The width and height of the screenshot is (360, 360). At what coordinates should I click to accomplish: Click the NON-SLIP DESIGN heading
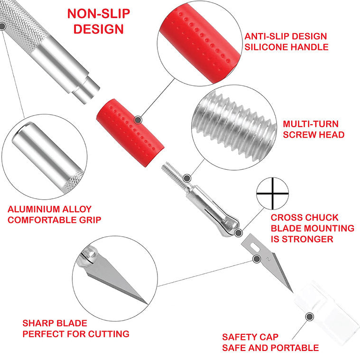tap(99, 21)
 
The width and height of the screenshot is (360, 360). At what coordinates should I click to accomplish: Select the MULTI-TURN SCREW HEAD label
tap(314, 129)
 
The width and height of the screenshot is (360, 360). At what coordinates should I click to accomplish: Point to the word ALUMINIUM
tap(34, 209)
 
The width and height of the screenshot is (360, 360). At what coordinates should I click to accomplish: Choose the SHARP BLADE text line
tap(55, 323)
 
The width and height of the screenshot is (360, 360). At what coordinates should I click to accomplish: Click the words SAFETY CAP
tap(250, 337)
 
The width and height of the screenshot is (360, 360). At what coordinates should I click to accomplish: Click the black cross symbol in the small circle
tap(273, 194)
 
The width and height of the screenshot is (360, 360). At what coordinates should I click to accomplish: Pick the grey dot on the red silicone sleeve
tap(138, 120)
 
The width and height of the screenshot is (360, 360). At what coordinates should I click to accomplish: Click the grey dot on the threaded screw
tap(187, 178)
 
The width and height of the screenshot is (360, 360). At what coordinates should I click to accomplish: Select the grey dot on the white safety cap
tap(310, 317)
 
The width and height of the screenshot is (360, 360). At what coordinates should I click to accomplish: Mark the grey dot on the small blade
tap(257, 259)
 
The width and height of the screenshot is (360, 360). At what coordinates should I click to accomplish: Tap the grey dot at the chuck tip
tap(239, 233)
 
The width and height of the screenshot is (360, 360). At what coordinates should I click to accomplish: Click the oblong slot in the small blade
tap(255, 248)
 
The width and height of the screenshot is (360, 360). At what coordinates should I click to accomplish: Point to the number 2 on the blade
tap(268, 259)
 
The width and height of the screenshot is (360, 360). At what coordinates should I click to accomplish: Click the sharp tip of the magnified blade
tap(147, 304)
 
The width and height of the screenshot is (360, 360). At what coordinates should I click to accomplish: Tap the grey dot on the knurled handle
tap(2, 27)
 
